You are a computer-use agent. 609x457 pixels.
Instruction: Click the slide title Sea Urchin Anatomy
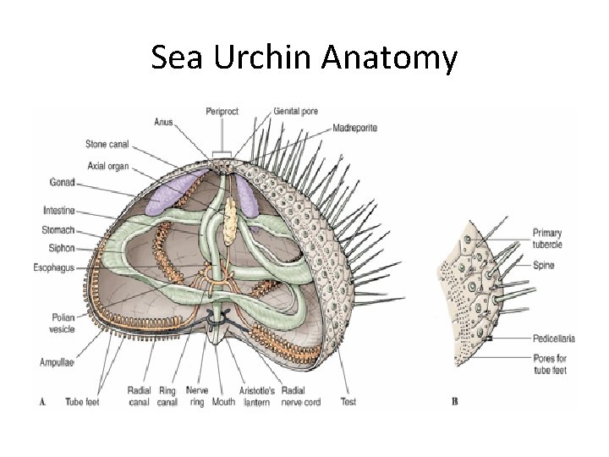[304, 58]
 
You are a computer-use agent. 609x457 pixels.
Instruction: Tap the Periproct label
[222, 112]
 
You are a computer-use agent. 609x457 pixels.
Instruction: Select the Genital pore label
[296, 112]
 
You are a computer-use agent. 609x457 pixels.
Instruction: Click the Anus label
[163, 123]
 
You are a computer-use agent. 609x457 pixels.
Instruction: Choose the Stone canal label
[107, 143]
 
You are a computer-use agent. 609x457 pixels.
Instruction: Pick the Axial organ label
[107, 166]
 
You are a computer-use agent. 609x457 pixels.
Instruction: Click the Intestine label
[58, 210]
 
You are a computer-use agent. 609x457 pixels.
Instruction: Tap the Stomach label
[58, 229]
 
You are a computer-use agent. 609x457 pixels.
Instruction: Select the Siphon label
[62, 249]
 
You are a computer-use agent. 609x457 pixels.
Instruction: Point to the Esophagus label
[54, 267]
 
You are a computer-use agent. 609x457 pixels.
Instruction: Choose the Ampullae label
[57, 362]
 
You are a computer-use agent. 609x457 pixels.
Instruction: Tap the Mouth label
[223, 402]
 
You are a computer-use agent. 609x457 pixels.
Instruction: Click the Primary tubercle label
[547, 238]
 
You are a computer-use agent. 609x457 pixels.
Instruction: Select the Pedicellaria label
[554, 339]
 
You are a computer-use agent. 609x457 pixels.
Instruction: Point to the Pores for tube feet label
[550, 365]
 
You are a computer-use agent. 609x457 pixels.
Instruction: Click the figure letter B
[454, 401]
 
